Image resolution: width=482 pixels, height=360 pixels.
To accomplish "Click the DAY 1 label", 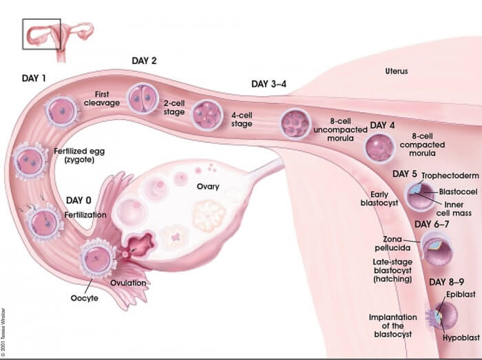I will pyautogui.click(x=34, y=78).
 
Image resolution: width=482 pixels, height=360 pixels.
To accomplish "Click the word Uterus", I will pyautogui.click(x=397, y=71).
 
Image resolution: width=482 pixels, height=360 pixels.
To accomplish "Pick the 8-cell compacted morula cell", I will pyautogui.click(x=379, y=147).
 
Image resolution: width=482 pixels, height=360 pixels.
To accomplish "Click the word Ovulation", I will pyautogui.click(x=127, y=283).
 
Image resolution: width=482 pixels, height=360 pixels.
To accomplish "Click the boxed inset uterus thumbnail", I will pyautogui.click(x=41, y=34).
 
